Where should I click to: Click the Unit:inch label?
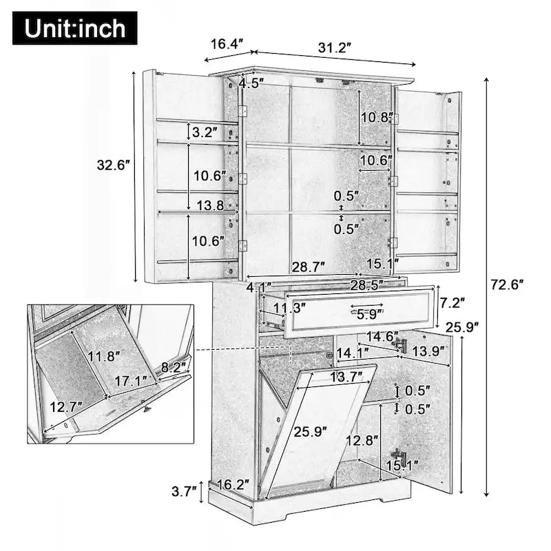pyautogui.click(x=75, y=28)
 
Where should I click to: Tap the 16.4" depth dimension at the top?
pyautogui.click(x=228, y=44)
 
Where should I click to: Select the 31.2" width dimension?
pyautogui.click(x=335, y=48)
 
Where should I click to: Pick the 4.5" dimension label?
pyautogui.click(x=251, y=83)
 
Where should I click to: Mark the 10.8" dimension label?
pyautogui.click(x=377, y=117)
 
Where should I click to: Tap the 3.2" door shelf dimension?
pyautogui.click(x=205, y=131)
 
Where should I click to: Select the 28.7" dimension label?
pyautogui.click(x=307, y=266)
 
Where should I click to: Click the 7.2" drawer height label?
pyautogui.click(x=452, y=302)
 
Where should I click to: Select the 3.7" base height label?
pyautogui.click(x=183, y=491)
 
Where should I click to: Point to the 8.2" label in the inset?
pyautogui.click(x=174, y=367)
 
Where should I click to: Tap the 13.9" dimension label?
pyautogui.click(x=428, y=351)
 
